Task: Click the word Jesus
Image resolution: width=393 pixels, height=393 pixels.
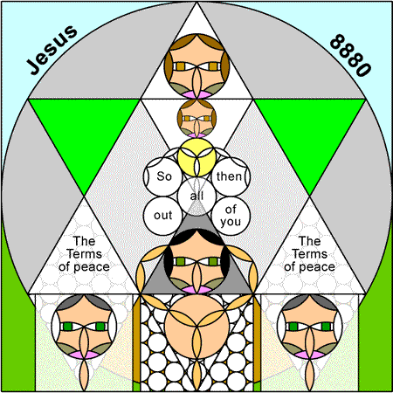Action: coord(52,50)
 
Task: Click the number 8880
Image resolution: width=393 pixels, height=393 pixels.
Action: coord(351,55)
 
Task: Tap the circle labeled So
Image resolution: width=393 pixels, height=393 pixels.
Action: coord(163,176)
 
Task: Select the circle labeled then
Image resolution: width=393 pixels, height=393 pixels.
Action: coord(231,176)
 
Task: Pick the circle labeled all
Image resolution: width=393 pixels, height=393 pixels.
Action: coord(196,196)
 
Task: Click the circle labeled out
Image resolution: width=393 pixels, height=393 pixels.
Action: coord(163,216)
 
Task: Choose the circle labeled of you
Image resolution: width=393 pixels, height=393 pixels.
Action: coord(231,216)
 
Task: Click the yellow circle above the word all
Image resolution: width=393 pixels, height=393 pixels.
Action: coord(196,157)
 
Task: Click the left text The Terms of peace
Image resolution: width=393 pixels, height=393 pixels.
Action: coord(84,254)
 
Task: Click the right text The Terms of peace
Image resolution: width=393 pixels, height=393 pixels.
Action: coord(309,254)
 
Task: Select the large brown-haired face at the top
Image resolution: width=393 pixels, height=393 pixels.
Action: coord(196,66)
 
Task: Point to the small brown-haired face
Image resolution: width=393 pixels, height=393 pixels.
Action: coord(196,119)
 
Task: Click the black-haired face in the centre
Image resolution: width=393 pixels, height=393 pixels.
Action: coord(196,261)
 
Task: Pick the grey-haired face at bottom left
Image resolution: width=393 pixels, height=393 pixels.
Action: coord(84,327)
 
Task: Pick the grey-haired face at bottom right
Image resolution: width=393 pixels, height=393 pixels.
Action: coord(310,327)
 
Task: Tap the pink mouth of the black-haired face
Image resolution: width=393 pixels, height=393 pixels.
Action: coord(196,290)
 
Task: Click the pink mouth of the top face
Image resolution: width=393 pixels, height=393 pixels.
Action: coord(196,94)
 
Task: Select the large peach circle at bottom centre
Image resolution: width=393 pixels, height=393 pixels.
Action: coord(196,327)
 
